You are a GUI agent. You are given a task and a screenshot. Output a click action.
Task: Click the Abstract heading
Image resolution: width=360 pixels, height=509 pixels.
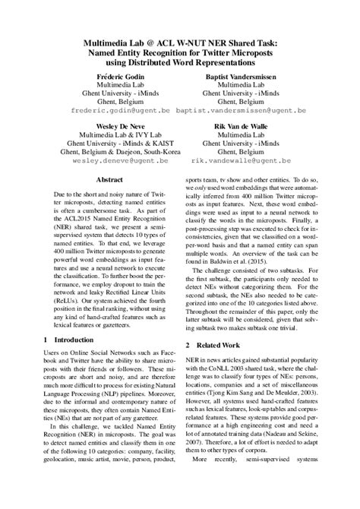click(109, 180)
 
